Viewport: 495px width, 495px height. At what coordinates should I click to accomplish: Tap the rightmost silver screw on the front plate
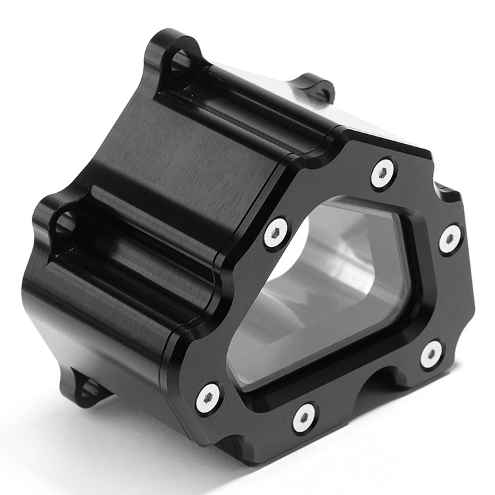450,238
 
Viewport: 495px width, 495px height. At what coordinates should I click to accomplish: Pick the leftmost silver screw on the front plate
208,397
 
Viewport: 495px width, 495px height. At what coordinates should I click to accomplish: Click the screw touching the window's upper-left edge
277,233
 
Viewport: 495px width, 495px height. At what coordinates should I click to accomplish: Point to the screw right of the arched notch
432,354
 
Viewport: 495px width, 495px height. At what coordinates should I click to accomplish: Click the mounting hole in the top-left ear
181,62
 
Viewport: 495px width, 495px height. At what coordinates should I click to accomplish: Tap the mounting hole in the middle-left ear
63,224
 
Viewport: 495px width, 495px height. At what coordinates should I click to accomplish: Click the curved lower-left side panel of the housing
99,317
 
